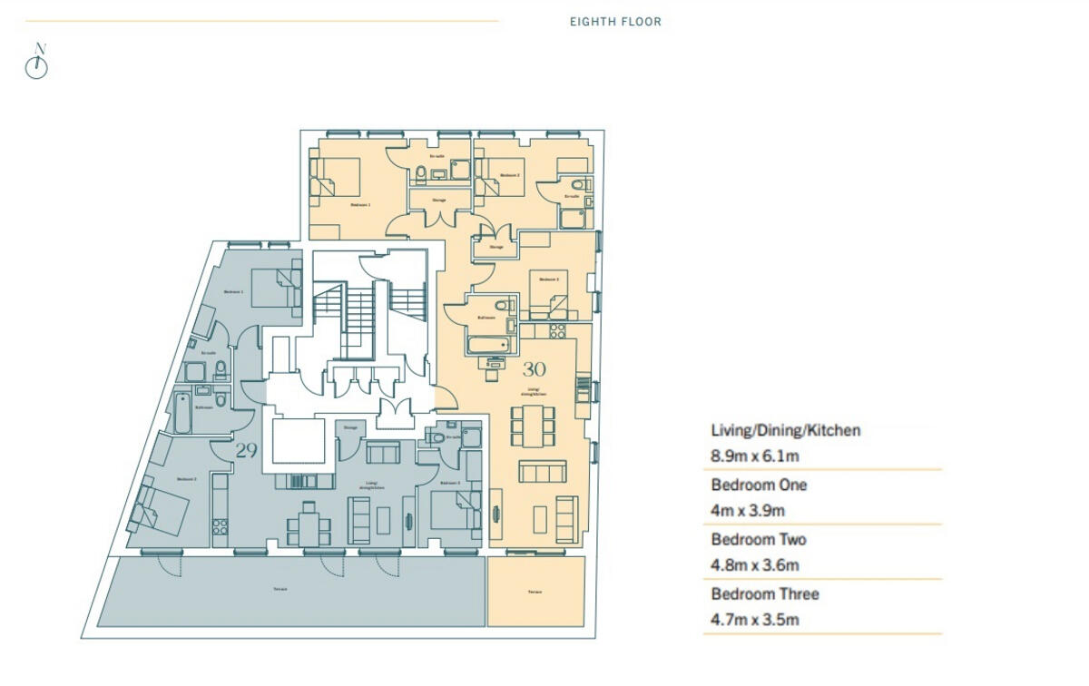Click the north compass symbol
pos(36,65)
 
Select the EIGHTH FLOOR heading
pos(615,22)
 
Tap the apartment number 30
pos(534,370)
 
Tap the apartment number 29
pos(246,449)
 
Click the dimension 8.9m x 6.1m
pos(754,456)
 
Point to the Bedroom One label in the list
pos(759,485)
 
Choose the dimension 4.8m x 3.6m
pos(755,565)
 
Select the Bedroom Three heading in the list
pos(765,593)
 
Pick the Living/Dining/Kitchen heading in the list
pos(785,430)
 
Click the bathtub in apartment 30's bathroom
pos(490,346)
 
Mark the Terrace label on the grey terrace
pos(280,590)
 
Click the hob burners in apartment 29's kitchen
pos(219,524)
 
